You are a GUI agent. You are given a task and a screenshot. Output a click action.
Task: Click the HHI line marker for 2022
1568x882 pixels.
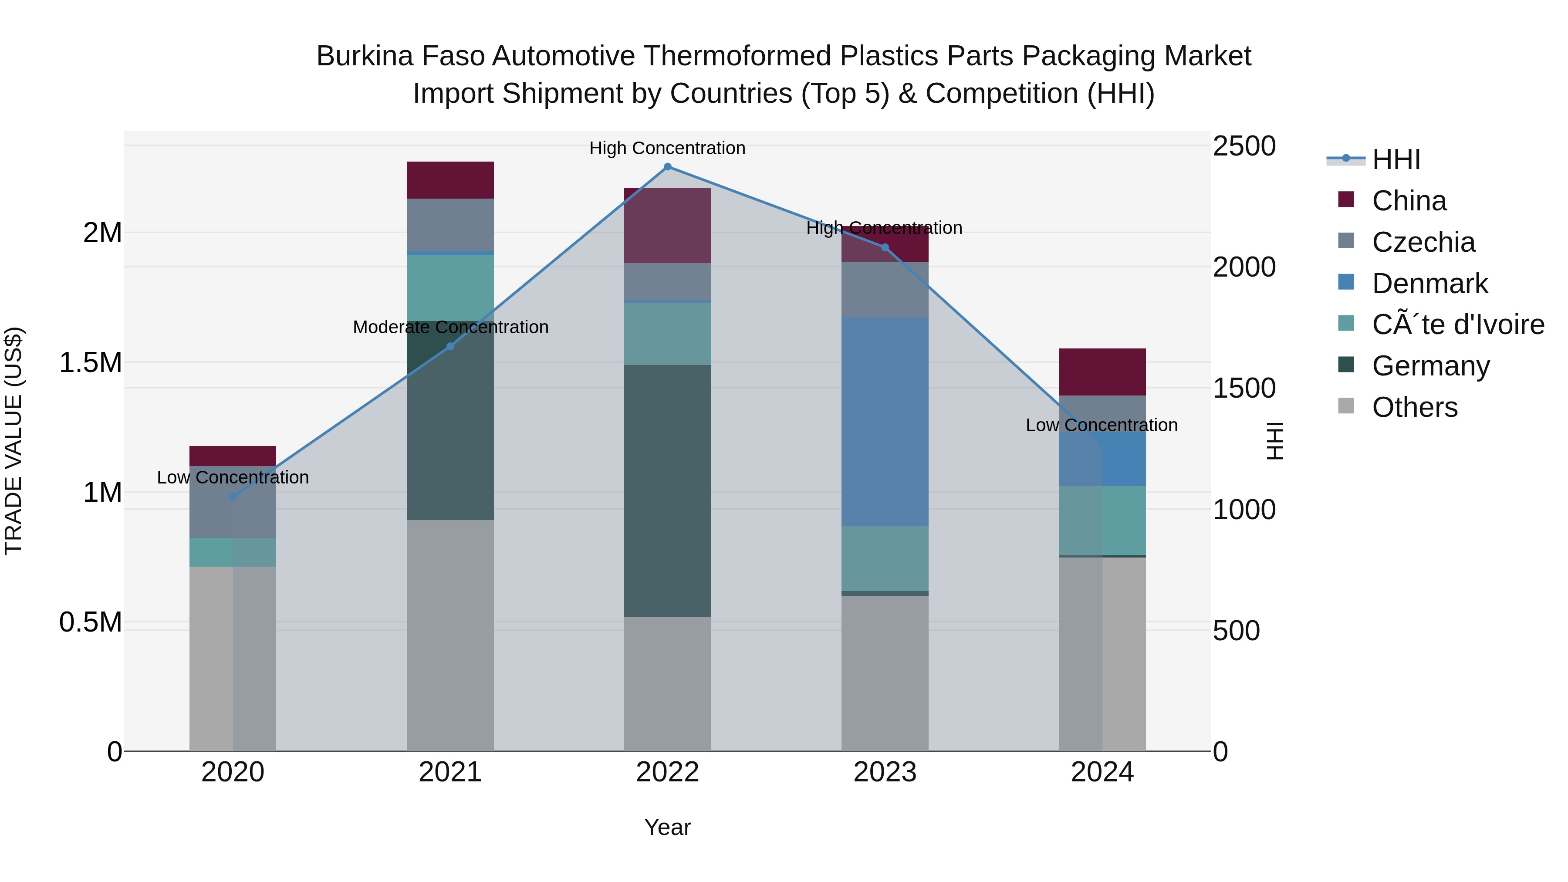click(667, 167)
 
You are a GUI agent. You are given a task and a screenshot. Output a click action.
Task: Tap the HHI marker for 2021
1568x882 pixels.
click(450, 346)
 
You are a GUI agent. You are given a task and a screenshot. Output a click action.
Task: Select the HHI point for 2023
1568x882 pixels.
click(885, 247)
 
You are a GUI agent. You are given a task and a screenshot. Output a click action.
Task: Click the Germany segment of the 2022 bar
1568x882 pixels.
click(667, 490)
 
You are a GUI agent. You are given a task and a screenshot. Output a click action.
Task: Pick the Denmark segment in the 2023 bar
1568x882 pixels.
click(885, 421)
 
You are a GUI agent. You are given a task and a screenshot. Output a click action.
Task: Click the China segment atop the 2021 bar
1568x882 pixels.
click(450, 180)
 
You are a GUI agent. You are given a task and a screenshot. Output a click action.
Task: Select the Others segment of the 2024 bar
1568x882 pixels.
click(1102, 654)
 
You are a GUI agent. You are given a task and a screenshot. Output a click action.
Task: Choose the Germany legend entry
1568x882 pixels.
click(1430, 366)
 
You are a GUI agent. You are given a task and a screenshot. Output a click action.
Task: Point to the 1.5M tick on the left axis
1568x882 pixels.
click(91, 363)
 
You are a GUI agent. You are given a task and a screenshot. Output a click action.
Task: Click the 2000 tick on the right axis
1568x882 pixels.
click(1244, 267)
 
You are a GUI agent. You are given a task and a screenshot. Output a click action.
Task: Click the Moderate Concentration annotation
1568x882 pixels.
click(450, 328)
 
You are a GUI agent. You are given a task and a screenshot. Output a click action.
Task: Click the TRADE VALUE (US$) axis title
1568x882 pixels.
click(14, 441)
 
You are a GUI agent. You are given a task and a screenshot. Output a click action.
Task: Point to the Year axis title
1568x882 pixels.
click(667, 827)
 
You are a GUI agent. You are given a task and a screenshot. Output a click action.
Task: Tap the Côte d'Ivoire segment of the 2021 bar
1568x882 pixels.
click(450, 287)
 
